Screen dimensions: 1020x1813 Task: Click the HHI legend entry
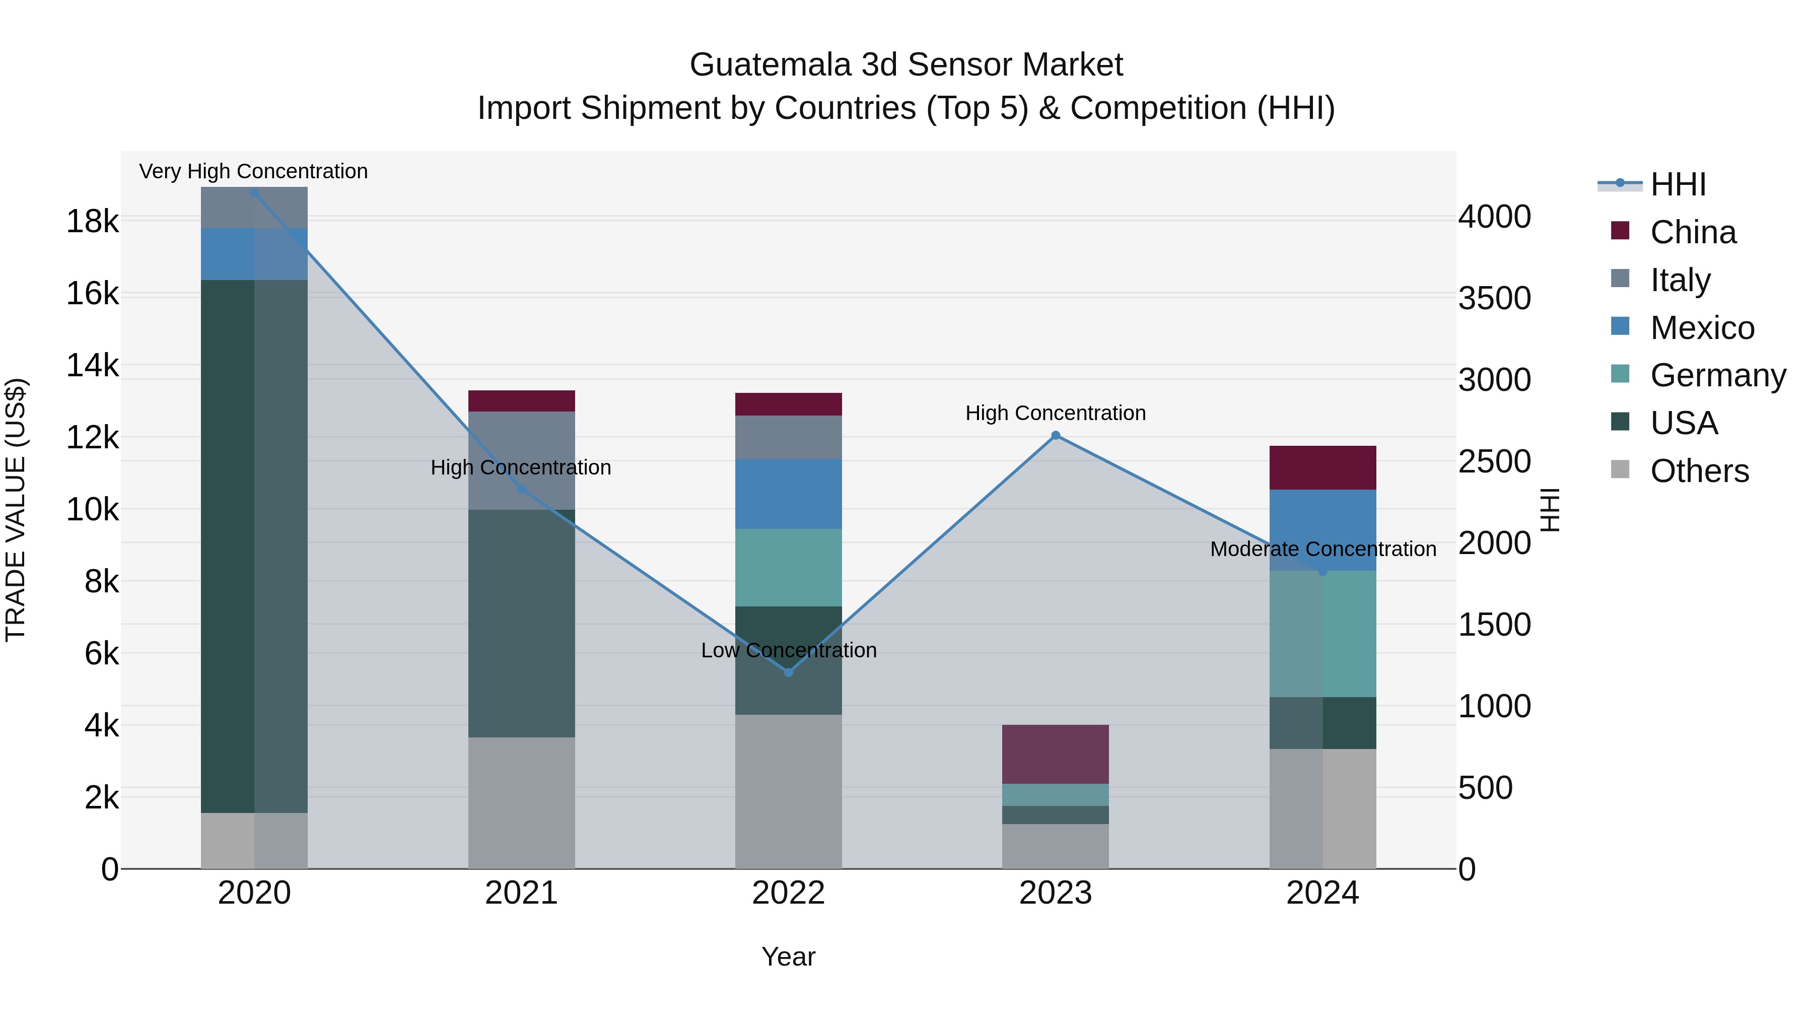1677,184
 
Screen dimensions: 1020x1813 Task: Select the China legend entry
1693,232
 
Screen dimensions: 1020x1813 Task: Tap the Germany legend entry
1717,375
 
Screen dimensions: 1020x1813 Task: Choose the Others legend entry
1699,471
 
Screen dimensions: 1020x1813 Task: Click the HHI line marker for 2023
1055,436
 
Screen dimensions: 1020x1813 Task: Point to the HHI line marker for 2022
788,672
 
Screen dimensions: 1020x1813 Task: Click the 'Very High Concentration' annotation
253,171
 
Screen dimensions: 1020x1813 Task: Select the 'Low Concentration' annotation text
788,650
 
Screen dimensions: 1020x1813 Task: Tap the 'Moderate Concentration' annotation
1322,549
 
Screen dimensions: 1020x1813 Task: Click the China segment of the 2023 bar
1055,754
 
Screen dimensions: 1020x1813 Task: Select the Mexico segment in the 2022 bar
788,494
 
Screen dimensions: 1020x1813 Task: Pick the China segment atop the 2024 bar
1322,467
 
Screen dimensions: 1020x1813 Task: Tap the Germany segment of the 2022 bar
788,567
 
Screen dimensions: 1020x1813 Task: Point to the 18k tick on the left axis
92,222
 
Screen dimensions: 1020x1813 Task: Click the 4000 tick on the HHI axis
1494,217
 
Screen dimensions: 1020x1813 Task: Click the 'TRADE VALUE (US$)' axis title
16,510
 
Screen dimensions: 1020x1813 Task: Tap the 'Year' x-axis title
788,957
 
